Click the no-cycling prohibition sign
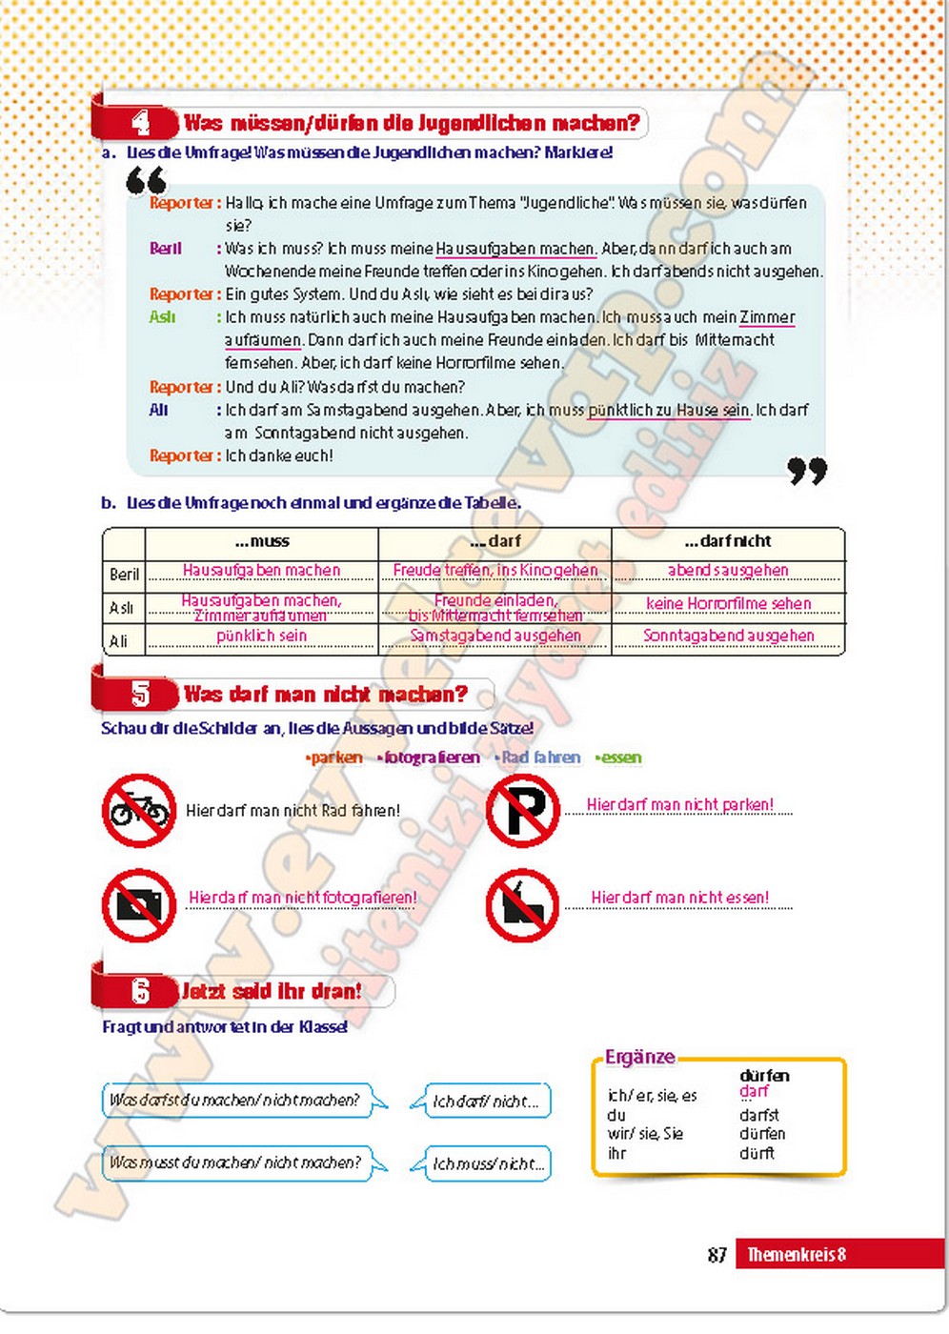(x=139, y=811)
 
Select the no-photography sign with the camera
(x=139, y=904)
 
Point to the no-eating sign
(x=522, y=904)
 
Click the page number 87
(x=717, y=1255)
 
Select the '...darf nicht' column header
(x=728, y=541)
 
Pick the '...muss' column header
(x=262, y=541)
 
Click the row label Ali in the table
(x=119, y=640)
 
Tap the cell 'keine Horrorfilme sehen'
(x=728, y=603)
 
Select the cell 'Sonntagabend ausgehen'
(x=728, y=636)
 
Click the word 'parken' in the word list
(x=336, y=758)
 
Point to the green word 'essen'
(x=620, y=758)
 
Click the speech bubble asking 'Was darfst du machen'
(x=235, y=1100)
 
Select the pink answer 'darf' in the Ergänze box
(x=754, y=1091)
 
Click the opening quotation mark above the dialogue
(x=146, y=179)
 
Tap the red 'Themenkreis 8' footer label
(x=797, y=1255)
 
